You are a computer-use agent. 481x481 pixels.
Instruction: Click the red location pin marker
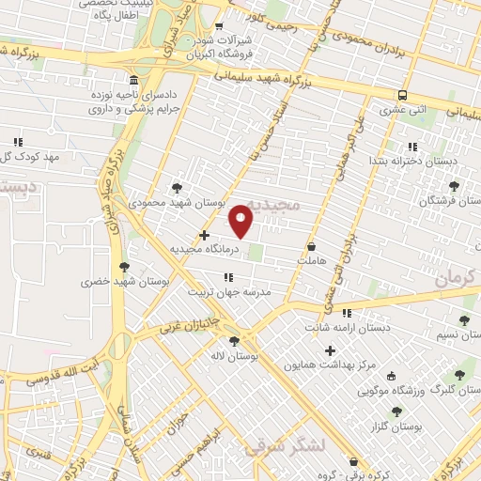[x=241, y=221]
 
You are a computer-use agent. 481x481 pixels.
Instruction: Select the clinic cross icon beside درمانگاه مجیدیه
[x=205, y=235]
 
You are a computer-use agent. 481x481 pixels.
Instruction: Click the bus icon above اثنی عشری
[x=402, y=95]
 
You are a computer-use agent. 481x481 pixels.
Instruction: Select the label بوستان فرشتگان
[x=452, y=200]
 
